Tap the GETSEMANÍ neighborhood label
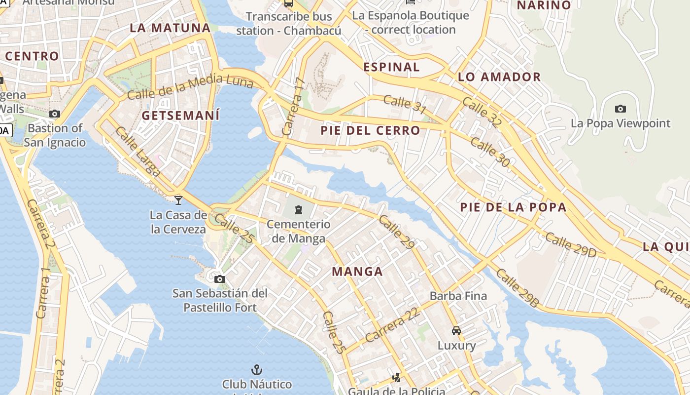tap(180, 116)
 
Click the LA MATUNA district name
tap(170, 28)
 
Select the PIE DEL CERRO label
tap(370, 131)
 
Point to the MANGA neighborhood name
tap(357, 271)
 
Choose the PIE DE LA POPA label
tap(513, 207)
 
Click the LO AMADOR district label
tap(499, 77)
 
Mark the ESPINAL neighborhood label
tap(391, 67)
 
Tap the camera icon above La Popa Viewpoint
tap(621, 109)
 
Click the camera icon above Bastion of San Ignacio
tap(55, 114)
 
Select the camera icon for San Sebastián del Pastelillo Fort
tap(220, 279)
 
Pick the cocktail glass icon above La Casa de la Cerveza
tap(178, 200)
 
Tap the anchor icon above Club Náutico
tap(256, 369)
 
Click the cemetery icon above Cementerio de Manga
tap(298, 210)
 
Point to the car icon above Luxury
tap(456, 330)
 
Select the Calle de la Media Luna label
tap(190, 85)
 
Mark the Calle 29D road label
tap(571, 245)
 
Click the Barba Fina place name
tap(458, 296)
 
